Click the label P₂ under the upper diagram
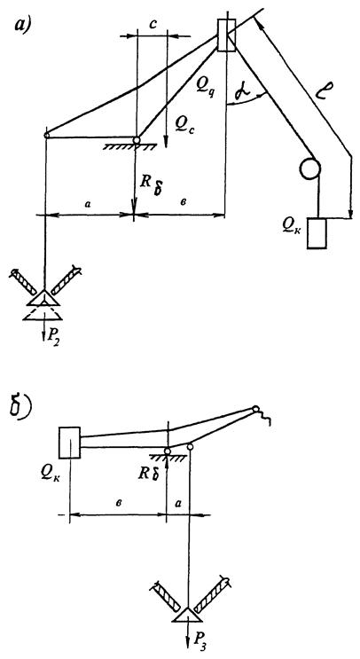coord(55,334)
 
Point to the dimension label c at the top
coord(153,24)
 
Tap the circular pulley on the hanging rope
coord(309,169)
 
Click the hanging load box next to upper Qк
coord(317,233)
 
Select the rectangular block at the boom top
coord(226,35)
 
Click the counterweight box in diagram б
coord(69,442)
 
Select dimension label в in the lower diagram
coord(120,503)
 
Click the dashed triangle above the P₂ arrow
coord(43,313)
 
